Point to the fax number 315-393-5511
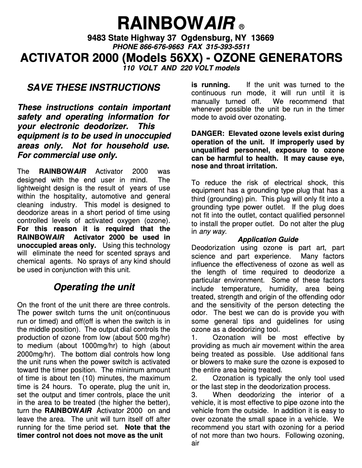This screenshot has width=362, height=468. [228, 47]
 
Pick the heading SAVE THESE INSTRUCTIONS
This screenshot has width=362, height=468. [93, 87]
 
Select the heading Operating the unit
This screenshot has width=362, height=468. [94, 287]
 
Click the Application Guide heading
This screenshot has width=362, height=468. [268, 239]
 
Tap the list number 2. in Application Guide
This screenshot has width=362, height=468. [195, 378]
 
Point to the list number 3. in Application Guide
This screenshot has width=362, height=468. [195, 394]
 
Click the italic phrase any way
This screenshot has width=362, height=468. [213, 232]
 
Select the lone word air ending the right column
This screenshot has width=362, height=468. [195, 443]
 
